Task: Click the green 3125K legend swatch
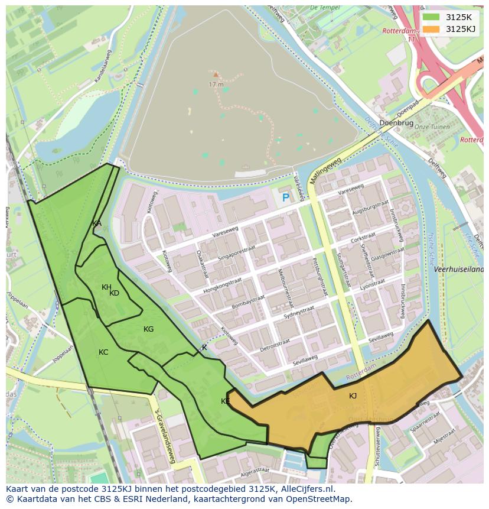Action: (x=431, y=17)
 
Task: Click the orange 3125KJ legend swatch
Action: (x=431, y=29)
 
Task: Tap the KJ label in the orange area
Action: (x=353, y=396)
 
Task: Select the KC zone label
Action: (x=103, y=352)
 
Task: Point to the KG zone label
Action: (x=148, y=329)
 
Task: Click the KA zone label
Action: (x=97, y=223)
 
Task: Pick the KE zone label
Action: (x=225, y=401)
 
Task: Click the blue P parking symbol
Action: (x=286, y=199)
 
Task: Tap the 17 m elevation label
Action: (x=216, y=85)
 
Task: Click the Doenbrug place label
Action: (x=396, y=123)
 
